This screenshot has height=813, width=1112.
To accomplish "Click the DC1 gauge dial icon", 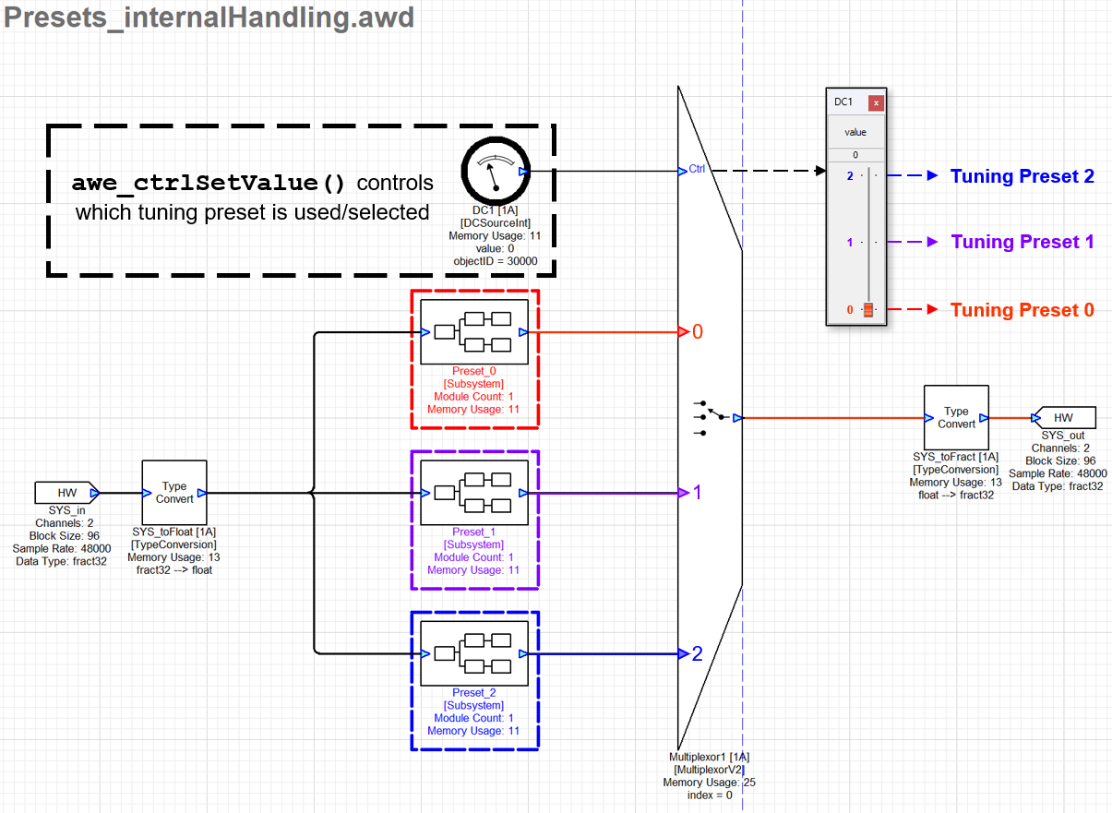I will pyautogui.click(x=495, y=172).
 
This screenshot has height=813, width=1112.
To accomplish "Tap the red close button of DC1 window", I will pyautogui.click(x=876, y=102).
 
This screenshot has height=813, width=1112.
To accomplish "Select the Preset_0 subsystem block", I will pyautogui.click(x=473, y=331).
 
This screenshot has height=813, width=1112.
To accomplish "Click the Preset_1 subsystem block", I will pyautogui.click(x=473, y=493).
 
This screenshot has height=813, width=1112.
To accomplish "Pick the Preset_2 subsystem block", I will pyautogui.click(x=473, y=653).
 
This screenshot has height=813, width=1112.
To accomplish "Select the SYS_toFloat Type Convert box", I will pyautogui.click(x=174, y=493).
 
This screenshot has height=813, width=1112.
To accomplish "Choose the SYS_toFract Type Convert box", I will pyautogui.click(x=956, y=417).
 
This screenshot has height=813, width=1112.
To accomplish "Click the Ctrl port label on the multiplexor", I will pyautogui.click(x=697, y=170).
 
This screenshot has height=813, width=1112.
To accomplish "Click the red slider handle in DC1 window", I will pyautogui.click(x=867, y=310).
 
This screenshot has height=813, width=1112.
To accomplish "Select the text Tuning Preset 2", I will pyautogui.click(x=1022, y=176).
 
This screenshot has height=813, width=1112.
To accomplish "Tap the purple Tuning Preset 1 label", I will pyautogui.click(x=1022, y=242).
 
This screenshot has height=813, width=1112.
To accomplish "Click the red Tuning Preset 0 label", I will pyautogui.click(x=1022, y=310).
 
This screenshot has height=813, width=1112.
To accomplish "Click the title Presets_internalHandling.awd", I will pyautogui.click(x=209, y=18).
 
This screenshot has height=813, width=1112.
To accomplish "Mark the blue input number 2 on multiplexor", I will pyautogui.click(x=698, y=653).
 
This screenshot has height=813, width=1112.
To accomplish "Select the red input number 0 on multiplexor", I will pyautogui.click(x=698, y=331).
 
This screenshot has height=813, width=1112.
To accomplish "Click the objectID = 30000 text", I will pyautogui.click(x=495, y=261).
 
